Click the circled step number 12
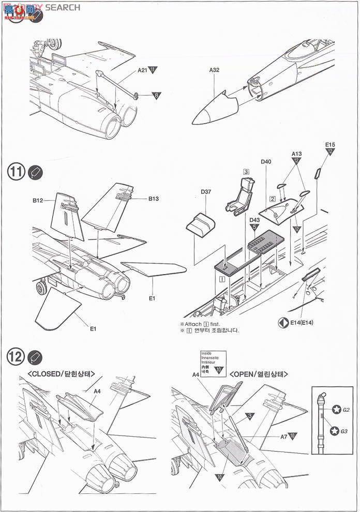16,356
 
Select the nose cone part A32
215,109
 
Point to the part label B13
154,198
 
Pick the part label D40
266,162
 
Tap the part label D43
254,220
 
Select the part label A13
297,154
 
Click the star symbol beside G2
335,410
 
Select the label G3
346,430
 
